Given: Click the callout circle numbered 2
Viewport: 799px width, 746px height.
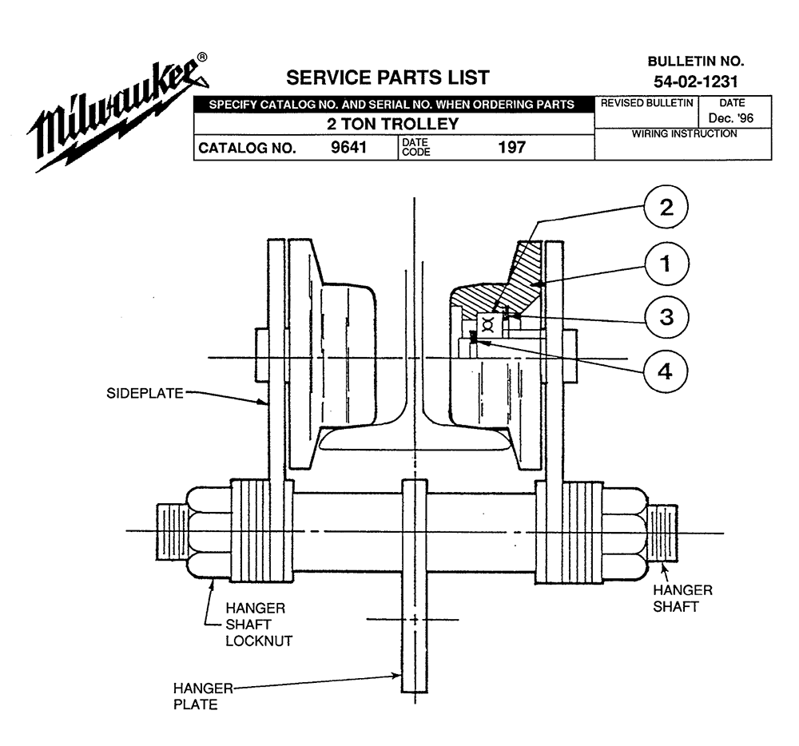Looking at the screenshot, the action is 666,207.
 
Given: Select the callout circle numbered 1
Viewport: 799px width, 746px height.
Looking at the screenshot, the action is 666,264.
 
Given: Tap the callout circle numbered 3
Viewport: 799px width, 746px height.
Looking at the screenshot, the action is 666,317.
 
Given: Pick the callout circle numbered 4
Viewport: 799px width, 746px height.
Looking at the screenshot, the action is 666,371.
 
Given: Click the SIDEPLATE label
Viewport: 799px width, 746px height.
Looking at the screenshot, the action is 145,393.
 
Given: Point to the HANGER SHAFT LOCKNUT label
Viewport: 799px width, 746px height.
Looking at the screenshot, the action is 259,625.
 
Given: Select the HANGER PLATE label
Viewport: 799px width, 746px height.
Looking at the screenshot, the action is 203,696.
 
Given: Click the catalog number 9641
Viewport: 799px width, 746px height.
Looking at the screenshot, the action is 348,147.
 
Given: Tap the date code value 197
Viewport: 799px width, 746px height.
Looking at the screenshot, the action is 511,147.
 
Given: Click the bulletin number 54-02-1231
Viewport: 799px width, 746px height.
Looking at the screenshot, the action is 696,81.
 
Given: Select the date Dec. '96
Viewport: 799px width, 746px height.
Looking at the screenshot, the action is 731,118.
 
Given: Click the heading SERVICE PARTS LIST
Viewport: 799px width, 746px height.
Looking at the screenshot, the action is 388,77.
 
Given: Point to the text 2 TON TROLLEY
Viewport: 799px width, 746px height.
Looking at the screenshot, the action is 393,124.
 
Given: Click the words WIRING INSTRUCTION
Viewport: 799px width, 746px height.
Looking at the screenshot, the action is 685,133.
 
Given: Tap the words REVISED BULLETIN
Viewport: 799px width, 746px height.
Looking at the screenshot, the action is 646,103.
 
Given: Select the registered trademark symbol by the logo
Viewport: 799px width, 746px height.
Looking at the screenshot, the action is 202,57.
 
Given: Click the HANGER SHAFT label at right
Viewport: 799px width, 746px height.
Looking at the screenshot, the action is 683,598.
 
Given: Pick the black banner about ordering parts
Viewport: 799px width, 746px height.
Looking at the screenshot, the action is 394,105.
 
